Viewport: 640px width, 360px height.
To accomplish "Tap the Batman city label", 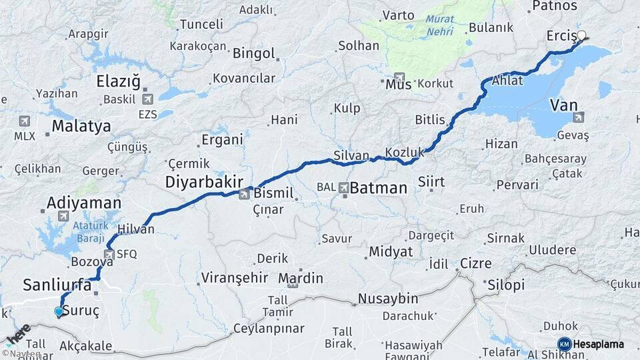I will point(378,188).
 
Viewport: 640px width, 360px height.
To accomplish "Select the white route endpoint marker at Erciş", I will point(581,35).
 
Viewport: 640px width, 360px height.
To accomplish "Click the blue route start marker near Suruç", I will point(59,311).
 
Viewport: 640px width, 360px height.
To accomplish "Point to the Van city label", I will point(564,105).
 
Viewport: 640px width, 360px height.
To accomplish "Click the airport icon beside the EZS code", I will point(147,98).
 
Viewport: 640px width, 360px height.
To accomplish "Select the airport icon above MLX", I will point(25,121).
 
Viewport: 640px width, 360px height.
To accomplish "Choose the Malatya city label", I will point(81,126).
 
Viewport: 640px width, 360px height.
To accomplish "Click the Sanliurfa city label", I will point(57,285).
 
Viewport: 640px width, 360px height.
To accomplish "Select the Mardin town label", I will point(301,278).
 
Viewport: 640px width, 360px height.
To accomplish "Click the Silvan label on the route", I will point(351,155).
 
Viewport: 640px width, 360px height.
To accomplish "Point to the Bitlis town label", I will point(429,120).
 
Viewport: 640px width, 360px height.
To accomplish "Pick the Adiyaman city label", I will point(84,203).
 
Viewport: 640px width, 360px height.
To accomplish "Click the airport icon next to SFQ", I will point(109,254).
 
